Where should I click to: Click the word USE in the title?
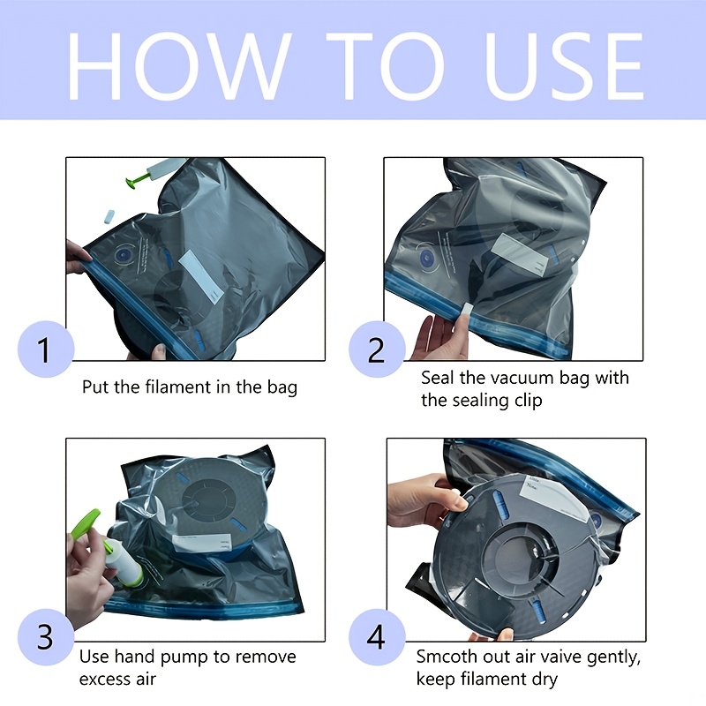[x=564, y=65]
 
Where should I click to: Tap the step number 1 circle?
[x=45, y=349]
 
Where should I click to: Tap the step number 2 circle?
[x=377, y=349]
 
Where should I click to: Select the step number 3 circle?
[x=45, y=636]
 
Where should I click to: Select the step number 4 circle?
[x=377, y=636]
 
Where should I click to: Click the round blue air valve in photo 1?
[x=124, y=256]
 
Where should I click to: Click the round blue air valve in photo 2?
[x=426, y=259]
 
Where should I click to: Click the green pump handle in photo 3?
[x=86, y=523]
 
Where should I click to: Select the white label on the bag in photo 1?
[x=201, y=274]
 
